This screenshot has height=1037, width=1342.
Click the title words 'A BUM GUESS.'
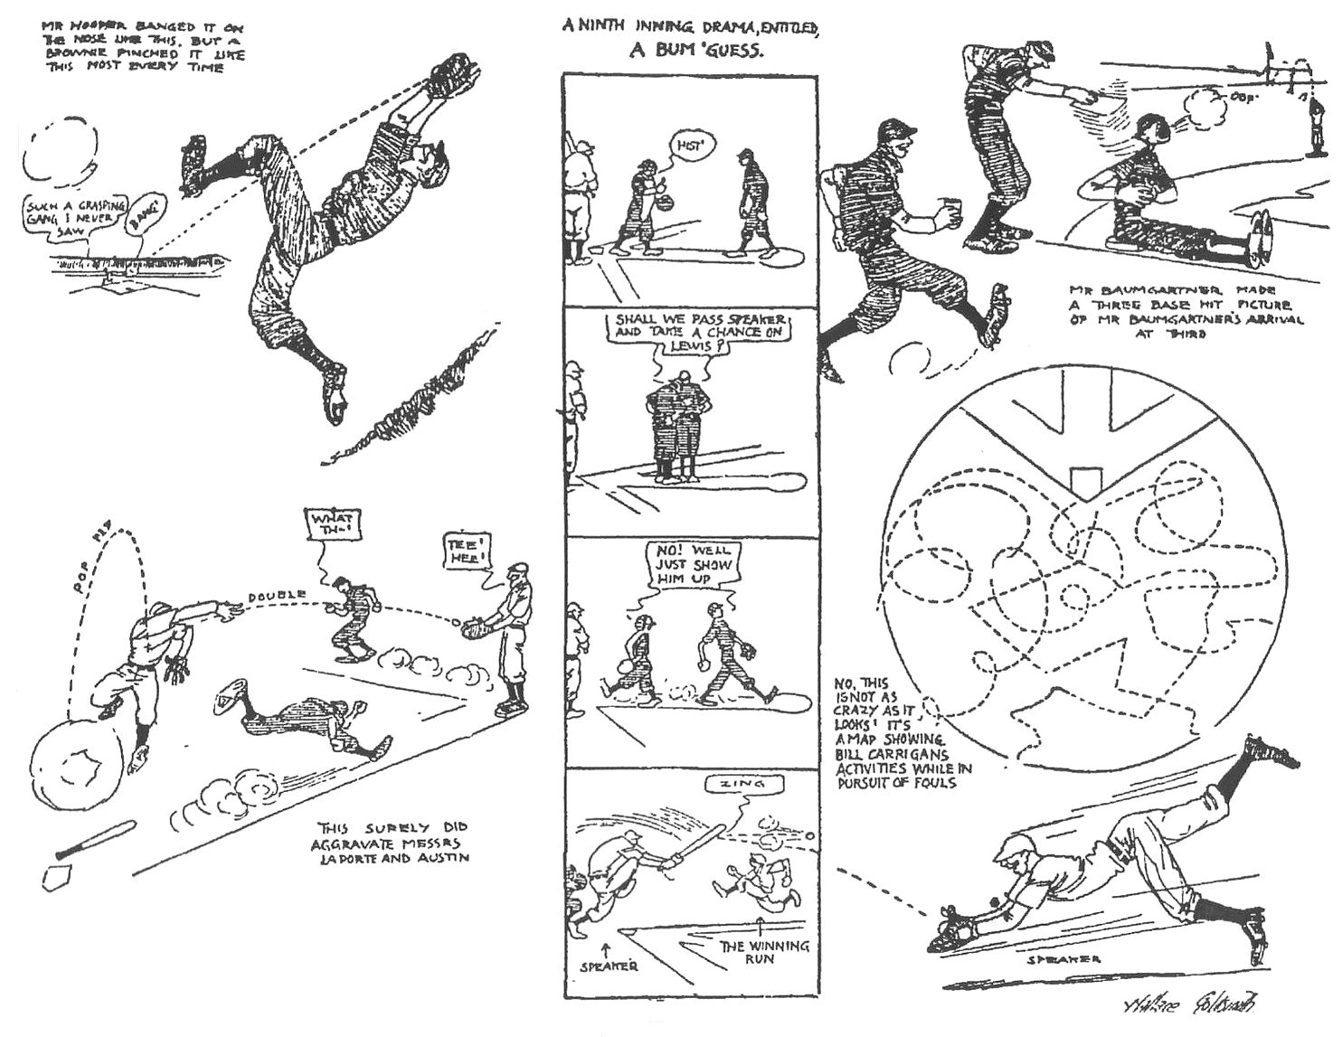click(697, 52)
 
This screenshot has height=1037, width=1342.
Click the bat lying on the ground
click(95, 840)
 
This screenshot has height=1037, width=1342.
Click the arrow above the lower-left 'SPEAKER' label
click(604, 948)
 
